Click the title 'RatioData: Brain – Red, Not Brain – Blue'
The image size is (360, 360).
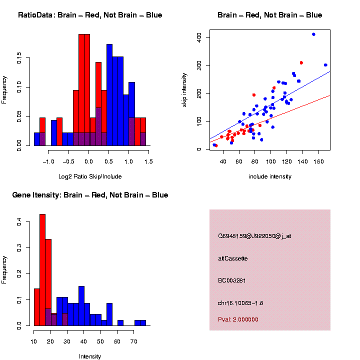(90, 15)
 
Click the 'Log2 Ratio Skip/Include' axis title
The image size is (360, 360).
(90, 176)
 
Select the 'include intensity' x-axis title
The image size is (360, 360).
(270, 176)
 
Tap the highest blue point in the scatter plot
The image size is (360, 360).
(313, 34)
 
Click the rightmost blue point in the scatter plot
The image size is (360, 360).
(325, 65)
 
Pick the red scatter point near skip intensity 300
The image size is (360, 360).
(301, 62)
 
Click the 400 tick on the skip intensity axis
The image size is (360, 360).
(198, 37)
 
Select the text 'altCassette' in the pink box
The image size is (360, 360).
(233, 258)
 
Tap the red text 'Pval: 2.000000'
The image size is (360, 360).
(238, 319)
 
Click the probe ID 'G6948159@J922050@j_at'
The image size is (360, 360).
(254, 236)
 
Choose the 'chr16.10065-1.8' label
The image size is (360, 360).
(241, 303)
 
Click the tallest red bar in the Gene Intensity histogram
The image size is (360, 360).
(42, 270)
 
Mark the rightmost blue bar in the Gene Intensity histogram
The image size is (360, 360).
(143, 323)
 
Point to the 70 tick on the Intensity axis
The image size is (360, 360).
(134, 342)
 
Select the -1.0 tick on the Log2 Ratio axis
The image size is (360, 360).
(48, 162)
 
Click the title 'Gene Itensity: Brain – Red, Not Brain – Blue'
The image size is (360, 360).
(90, 195)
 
